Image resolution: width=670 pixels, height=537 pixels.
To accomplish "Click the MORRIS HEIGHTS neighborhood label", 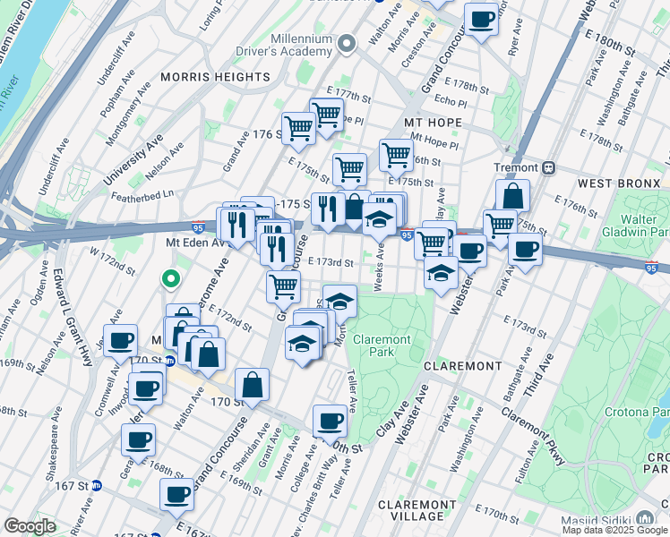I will [215, 77].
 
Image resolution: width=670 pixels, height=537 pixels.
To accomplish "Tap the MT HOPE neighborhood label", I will [433, 122].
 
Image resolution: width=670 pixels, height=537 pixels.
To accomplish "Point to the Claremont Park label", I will [382, 345].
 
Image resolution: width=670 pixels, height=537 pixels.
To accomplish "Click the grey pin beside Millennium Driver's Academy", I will [348, 42].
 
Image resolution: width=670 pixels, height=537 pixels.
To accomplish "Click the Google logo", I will [30, 526].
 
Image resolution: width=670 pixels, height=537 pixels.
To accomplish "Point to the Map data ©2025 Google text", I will [615, 530].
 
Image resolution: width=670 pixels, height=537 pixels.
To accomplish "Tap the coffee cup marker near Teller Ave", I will [330, 420].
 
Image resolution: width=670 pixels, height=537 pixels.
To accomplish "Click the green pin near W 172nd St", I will [169, 278].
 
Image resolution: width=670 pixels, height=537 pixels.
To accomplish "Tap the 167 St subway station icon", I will [97, 485].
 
